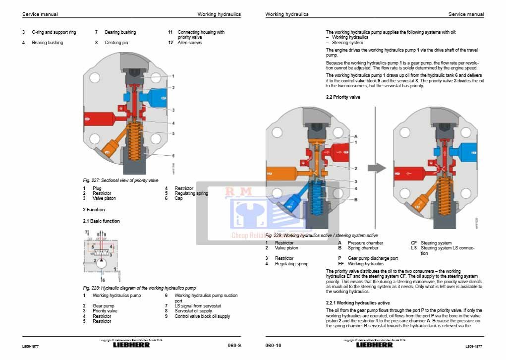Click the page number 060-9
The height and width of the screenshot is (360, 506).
pyautogui.click(x=234, y=345)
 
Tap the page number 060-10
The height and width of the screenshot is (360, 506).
pyautogui.click(x=273, y=345)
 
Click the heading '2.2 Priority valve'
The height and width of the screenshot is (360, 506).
pyautogui.click(x=343, y=97)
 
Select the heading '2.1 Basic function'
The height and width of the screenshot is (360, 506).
pyautogui.click(x=101, y=221)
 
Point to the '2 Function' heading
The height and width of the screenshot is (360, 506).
pyautogui.click(x=94, y=210)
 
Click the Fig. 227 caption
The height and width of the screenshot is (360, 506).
pyautogui.click(x=120, y=180)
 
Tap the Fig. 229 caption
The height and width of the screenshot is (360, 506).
pyautogui.click(x=322, y=235)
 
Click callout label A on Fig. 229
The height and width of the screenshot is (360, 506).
pyautogui.click(x=355, y=136)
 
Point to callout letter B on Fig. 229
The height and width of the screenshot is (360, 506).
pyautogui.click(x=355, y=200)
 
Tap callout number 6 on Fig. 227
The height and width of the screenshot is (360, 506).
pyautogui.click(x=173, y=156)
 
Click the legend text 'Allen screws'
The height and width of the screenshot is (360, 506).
pyautogui.click(x=189, y=43)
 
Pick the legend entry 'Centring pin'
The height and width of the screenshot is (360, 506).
pyautogui.click(x=116, y=43)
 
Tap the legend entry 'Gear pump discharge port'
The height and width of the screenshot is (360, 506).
pyautogui.click(x=373, y=258)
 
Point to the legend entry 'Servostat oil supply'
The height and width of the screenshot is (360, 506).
pyautogui.click(x=193, y=311)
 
